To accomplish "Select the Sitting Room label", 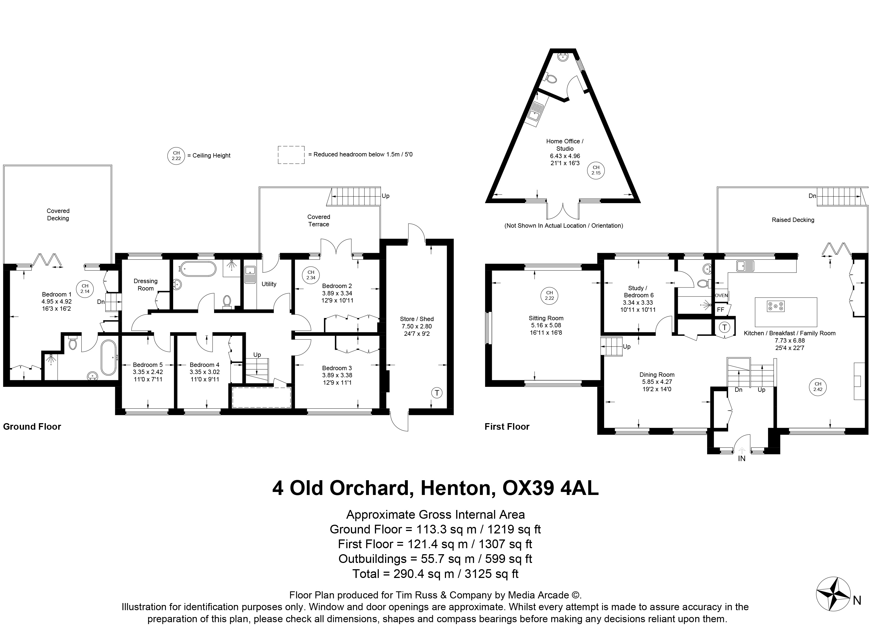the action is coord(546,318).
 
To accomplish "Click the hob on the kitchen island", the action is coord(776,306).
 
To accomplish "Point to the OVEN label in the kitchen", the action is coord(721,295).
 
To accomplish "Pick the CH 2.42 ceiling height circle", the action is coord(818,387).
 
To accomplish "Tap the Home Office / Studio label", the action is coord(565,145).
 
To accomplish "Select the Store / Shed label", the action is coord(417,319).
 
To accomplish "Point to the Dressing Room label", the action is coord(146,285).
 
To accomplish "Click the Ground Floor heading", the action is coord(32,427).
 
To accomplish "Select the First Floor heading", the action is coord(507,427).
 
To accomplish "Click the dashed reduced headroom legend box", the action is coord(291,155).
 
